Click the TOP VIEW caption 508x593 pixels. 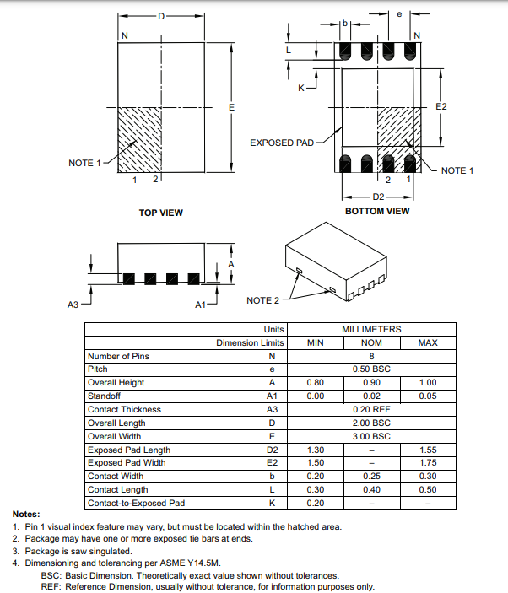[160, 213]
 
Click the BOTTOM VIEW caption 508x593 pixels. [377, 211]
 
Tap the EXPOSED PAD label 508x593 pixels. [281, 143]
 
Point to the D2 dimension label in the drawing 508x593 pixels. [378, 197]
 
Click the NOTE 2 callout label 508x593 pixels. [262, 300]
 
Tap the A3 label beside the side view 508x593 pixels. [73, 305]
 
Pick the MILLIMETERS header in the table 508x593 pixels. [371, 329]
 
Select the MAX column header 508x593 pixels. [428, 342]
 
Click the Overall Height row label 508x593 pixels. [116, 383]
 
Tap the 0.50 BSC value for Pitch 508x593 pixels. [371, 369]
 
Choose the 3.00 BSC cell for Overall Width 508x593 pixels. [371, 436]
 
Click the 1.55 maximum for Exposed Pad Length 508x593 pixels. [428, 450]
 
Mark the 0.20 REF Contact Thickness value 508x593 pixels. [371, 409]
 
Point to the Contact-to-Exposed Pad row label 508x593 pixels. [136, 504]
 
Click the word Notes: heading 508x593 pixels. [26, 515]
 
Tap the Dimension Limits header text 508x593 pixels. [251, 342]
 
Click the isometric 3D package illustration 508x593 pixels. [335, 261]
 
